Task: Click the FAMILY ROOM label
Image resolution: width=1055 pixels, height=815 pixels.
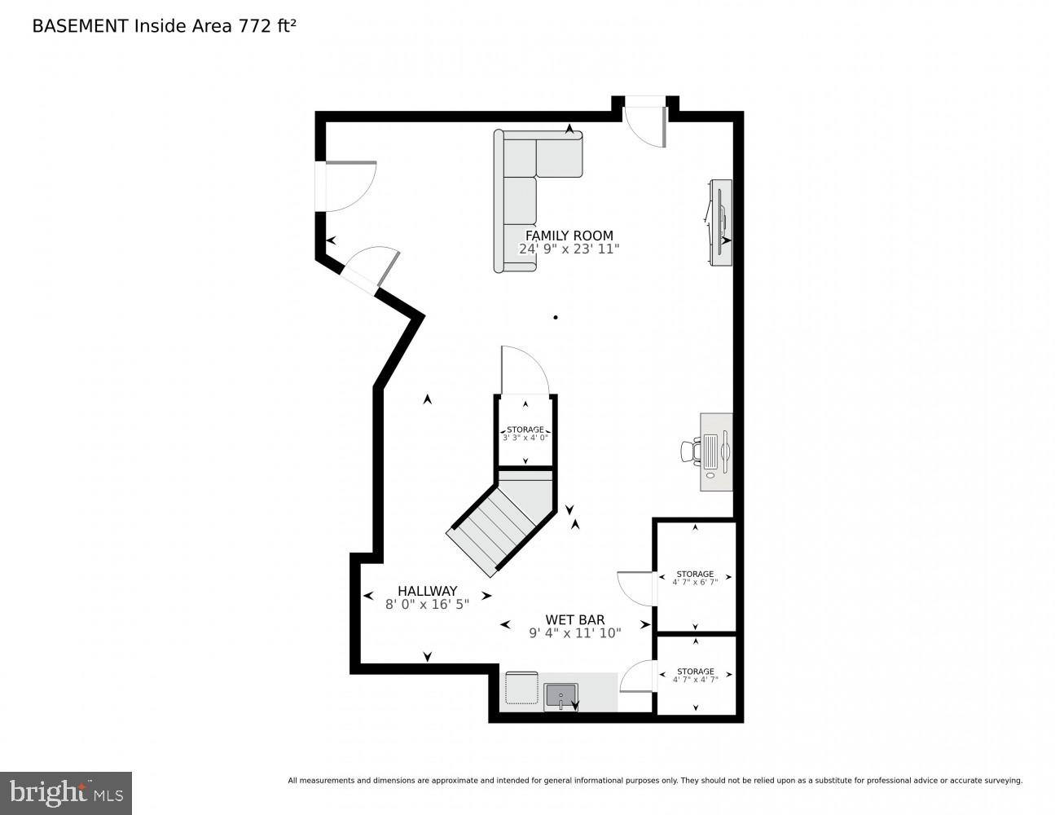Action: click(x=569, y=236)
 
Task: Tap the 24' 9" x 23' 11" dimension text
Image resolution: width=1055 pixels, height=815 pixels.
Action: click(x=569, y=249)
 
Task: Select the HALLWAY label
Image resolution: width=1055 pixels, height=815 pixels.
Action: click(x=427, y=591)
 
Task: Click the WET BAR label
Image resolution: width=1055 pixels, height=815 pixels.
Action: click(x=574, y=619)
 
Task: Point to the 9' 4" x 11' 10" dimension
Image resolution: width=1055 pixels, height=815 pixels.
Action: click(x=574, y=633)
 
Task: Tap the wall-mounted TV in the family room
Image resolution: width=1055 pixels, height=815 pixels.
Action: click(x=722, y=222)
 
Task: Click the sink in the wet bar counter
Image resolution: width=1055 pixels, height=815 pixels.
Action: click(x=560, y=697)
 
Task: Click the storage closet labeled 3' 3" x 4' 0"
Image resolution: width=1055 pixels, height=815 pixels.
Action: click(x=525, y=433)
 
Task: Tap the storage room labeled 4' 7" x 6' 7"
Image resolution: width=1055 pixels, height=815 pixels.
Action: click(x=695, y=577)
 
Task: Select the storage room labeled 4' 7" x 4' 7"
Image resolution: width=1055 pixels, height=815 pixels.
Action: click(x=695, y=674)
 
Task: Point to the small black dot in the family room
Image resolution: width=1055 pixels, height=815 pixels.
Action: click(x=556, y=317)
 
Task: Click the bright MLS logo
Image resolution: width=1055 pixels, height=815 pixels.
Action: click(x=65, y=791)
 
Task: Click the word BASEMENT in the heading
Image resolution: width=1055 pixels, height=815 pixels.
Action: click(x=80, y=26)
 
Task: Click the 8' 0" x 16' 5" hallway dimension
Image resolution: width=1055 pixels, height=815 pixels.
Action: click(x=427, y=605)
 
